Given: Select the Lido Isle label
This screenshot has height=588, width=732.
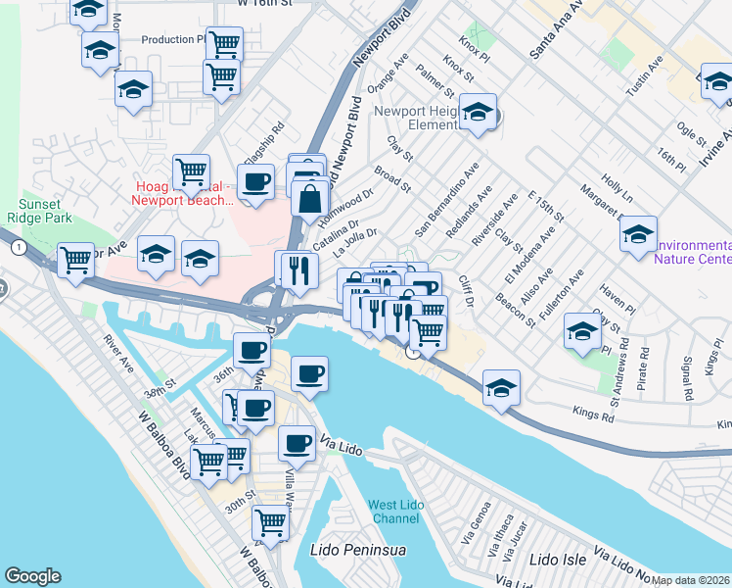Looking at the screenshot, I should pyautogui.click(x=557, y=560).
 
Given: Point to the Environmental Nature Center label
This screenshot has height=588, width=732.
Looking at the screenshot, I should pyautogui.click(x=693, y=252).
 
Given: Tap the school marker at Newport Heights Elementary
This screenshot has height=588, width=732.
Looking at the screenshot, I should pyautogui.click(x=478, y=114).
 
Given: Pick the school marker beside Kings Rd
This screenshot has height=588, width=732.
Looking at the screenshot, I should pyautogui.click(x=501, y=388).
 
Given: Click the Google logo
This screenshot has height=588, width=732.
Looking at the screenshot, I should pyautogui.click(x=33, y=576).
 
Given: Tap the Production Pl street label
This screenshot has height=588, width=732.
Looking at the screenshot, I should pyautogui.click(x=173, y=40).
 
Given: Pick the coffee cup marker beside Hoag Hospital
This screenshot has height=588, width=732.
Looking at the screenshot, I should pyautogui.click(x=256, y=183).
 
